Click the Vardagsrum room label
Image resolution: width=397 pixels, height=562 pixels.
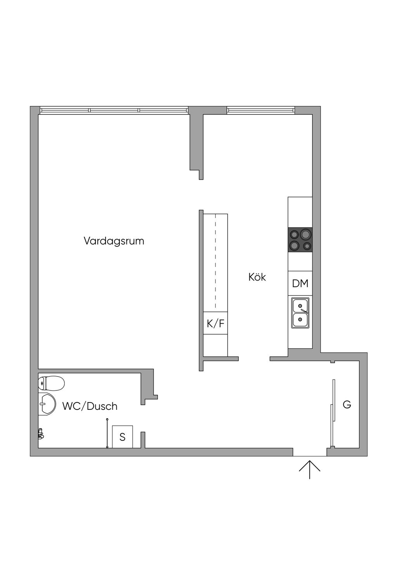[114, 241]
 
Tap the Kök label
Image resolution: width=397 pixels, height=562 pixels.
[257, 277]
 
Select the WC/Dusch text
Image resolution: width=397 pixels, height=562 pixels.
[90, 406]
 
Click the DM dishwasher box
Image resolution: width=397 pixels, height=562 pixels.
[300, 283]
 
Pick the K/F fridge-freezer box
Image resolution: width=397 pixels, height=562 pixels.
[215, 323]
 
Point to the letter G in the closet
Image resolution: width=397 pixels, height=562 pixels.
[347, 405]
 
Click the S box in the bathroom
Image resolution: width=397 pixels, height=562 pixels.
[123, 437]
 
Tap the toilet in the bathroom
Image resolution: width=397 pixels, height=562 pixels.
[52, 383]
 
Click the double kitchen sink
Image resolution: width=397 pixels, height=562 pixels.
[300, 313]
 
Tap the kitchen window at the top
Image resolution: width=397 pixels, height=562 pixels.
[261, 110]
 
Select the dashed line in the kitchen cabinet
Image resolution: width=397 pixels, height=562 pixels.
[216, 262]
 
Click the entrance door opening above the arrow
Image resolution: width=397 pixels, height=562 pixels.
[309, 453]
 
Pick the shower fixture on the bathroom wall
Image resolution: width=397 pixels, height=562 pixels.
[41, 434]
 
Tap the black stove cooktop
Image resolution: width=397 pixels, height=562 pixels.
[300, 240]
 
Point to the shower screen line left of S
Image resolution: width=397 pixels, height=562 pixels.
[107, 433]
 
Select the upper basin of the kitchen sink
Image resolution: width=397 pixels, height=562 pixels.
[300, 306]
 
